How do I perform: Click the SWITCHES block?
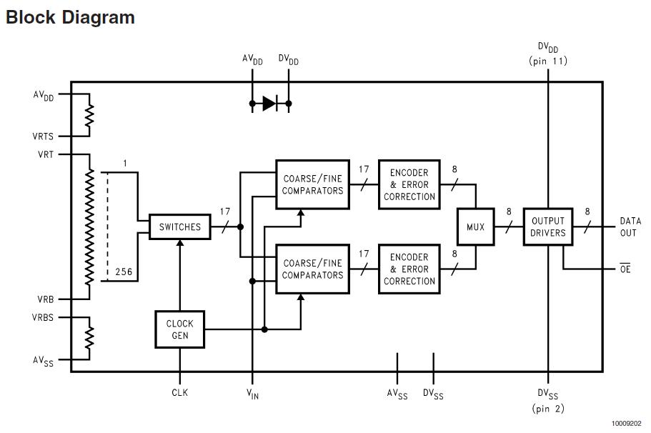(x=180, y=227)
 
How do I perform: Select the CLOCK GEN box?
(x=180, y=329)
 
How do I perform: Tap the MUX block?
(x=475, y=227)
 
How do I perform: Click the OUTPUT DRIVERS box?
(x=548, y=227)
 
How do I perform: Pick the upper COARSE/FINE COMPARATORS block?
(x=312, y=184)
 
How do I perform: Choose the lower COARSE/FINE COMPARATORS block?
(x=312, y=269)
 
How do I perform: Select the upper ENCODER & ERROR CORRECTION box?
(x=409, y=184)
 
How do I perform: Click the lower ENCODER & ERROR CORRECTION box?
(x=409, y=269)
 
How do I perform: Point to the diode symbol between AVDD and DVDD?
(x=269, y=104)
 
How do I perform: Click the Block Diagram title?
(x=70, y=18)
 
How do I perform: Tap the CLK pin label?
(x=180, y=392)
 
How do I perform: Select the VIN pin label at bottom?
(x=252, y=394)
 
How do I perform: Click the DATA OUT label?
(x=630, y=227)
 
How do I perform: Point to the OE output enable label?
(x=625, y=269)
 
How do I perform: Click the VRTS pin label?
(x=43, y=136)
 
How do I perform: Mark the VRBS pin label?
(x=43, y=317)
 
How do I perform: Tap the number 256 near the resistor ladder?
(x=124, y=272)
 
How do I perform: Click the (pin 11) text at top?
(x=548, y=61)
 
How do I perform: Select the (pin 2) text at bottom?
(x=548, y=409)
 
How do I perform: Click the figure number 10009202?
(x=627, y=424)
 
